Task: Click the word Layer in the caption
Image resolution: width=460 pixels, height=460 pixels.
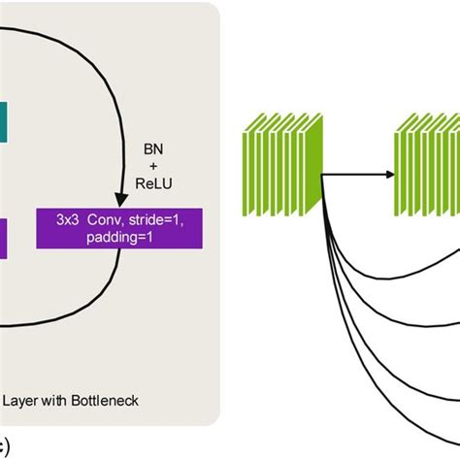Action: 21,399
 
